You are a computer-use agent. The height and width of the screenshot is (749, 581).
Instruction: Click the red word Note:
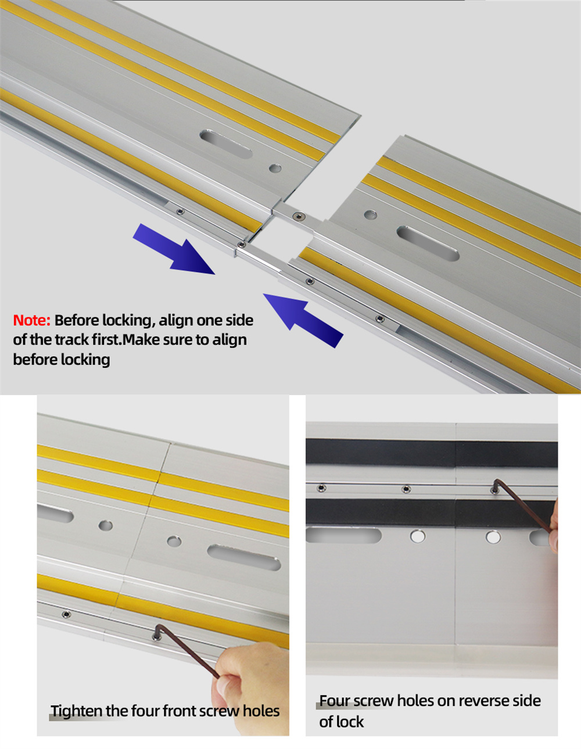[x=32, y=321]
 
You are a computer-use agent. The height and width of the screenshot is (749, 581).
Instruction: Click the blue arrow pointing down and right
[x=174, y=249]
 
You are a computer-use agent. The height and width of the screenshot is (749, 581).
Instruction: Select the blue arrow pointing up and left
[x=303, y=321]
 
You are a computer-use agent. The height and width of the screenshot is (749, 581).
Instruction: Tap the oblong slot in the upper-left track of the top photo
[x=226, y=144]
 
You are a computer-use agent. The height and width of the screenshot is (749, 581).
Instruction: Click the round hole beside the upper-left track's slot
[x=275, y=169]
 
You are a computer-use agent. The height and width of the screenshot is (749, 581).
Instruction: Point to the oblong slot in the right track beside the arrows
[x=428, y=243]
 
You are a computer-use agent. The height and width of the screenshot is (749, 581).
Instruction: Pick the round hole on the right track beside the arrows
[x=371, y=215]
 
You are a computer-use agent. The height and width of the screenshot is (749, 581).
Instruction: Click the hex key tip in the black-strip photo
[x=495, y=489]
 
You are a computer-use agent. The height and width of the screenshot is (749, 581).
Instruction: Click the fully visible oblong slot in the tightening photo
[x=244, y=557]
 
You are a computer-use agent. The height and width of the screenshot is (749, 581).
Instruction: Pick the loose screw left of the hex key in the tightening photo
[x=66, y=614]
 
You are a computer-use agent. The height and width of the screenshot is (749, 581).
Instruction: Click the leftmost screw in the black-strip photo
[x=321, y=488]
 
